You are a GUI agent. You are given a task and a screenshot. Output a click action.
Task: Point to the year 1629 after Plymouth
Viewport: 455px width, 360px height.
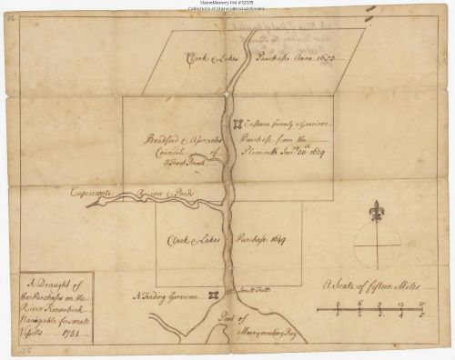(314, 153)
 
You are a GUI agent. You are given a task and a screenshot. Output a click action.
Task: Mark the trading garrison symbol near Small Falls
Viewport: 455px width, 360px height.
(213, 294)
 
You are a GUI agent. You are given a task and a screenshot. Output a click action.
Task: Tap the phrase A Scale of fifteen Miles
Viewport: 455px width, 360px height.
(370, 285)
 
